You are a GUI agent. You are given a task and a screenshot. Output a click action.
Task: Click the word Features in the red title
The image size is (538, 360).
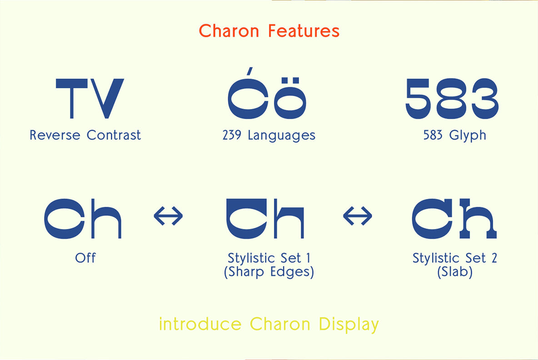(304, 31)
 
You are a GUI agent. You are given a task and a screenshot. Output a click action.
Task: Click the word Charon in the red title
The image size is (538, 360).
(229, 31)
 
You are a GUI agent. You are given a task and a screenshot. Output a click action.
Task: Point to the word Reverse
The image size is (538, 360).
(55, 135)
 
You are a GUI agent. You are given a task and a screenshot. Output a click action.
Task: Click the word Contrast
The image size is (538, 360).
(114, 135)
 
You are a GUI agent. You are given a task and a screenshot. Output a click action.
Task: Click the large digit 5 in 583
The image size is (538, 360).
(420, 98)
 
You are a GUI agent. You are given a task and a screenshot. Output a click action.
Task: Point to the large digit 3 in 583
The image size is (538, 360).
(483, 98)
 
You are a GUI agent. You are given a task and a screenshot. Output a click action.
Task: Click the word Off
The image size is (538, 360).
(85, 258)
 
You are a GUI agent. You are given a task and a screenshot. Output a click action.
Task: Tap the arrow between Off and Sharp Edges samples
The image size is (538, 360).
(168, 216)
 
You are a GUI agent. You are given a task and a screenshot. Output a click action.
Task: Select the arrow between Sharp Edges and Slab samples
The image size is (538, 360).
(357, 216)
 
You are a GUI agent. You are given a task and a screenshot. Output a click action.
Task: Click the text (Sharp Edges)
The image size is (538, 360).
(269, 272)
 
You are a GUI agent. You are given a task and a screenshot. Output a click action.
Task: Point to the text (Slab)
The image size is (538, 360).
(454, 272)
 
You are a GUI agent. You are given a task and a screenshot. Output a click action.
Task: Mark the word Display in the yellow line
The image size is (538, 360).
(349, 325)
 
